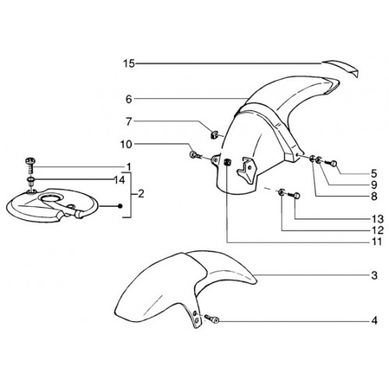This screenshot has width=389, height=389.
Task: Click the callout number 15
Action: coord(129,64)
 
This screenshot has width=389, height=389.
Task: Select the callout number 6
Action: coord(129,99)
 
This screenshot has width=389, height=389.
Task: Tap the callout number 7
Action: coord(129,121)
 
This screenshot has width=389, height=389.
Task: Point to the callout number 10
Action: coord(126,145)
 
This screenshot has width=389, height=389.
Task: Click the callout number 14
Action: coord(119,180)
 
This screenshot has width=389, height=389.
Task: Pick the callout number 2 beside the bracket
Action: coord(141,194)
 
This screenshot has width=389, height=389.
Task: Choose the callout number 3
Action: coord(374,275)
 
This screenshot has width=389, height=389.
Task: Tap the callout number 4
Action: coord(374,321)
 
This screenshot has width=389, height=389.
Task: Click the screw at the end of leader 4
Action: coord(212,319)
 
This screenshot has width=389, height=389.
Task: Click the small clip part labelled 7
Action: coord(213,135)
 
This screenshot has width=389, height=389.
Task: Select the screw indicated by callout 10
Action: coord(195,155)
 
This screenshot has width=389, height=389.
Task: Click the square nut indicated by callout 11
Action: coord(227,163)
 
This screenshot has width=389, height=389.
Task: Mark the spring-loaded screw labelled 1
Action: coord(30,166)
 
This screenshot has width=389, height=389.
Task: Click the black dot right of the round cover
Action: coord(120,206)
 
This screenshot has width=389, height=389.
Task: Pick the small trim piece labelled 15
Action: coord(340,68)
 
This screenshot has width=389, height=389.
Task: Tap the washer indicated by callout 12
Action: coord(281,193)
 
